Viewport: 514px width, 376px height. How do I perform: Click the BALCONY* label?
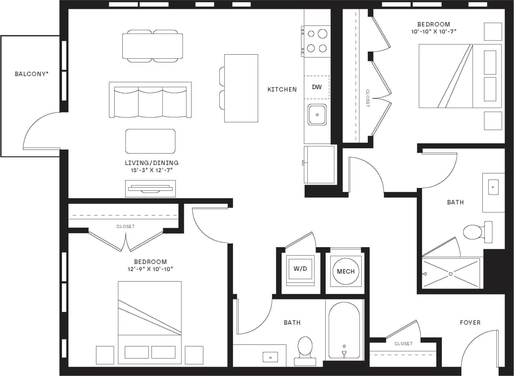point(32,74)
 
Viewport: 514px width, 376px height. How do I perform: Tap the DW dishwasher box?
point(317,87)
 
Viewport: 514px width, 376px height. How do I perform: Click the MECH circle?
point(346,271)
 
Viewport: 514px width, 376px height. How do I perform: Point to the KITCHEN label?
point(282,90)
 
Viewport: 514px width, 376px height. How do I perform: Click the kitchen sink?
point(317,115)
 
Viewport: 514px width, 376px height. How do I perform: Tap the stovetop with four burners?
point(317,41)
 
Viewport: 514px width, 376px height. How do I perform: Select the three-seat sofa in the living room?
point(150,100)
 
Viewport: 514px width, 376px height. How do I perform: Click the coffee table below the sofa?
point(150,141)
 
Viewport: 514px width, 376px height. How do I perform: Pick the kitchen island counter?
point(241,88)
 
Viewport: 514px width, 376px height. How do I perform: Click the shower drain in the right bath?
point(450,273)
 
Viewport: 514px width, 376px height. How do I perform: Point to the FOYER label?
point(470,323)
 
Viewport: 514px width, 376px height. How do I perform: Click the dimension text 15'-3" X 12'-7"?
point(151,170)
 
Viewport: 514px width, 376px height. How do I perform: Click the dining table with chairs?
point(152,46)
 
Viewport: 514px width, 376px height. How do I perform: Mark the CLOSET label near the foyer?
point(403,344)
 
